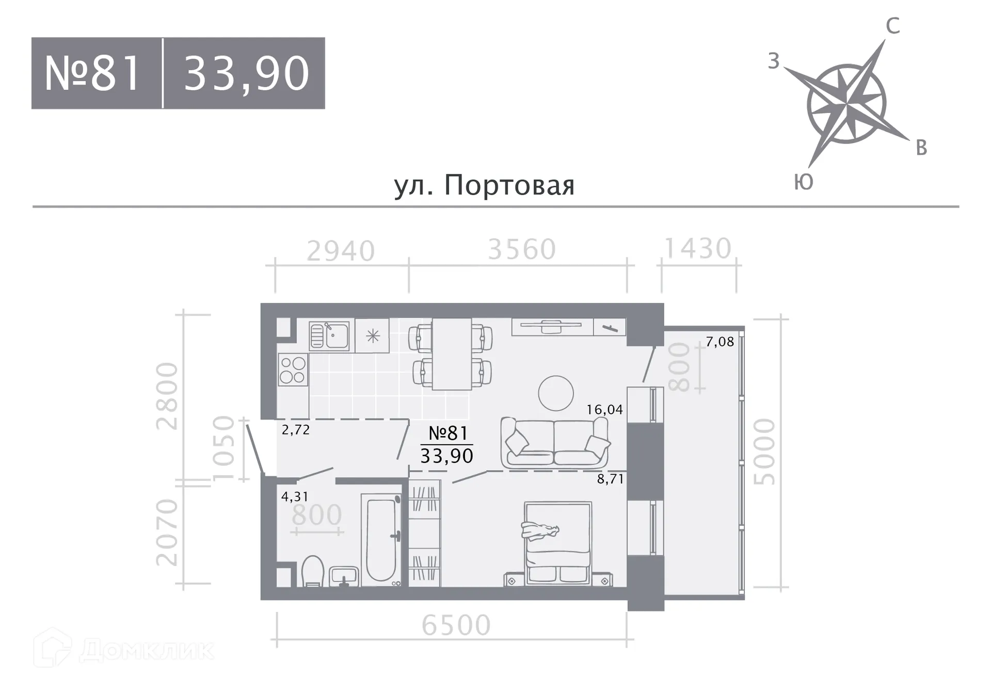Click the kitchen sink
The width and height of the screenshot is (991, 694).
329,336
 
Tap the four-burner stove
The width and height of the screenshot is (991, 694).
293,370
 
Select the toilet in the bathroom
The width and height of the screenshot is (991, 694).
312,572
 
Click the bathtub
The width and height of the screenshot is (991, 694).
381,540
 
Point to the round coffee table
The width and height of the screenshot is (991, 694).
555,393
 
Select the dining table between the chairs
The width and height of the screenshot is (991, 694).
452,353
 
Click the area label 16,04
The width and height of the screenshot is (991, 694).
604,410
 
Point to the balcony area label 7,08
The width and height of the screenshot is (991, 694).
720,342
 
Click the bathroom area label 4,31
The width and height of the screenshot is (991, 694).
295,497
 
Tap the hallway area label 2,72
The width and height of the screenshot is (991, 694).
296,430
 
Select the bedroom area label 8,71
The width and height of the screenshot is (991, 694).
610,479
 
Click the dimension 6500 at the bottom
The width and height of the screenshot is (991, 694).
456,625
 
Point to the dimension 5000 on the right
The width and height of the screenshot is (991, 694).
764,451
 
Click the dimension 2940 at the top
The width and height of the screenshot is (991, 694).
341,251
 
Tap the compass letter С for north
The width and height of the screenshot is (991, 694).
893,26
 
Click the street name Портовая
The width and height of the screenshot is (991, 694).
509,185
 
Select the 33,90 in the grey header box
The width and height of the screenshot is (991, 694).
246,74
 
